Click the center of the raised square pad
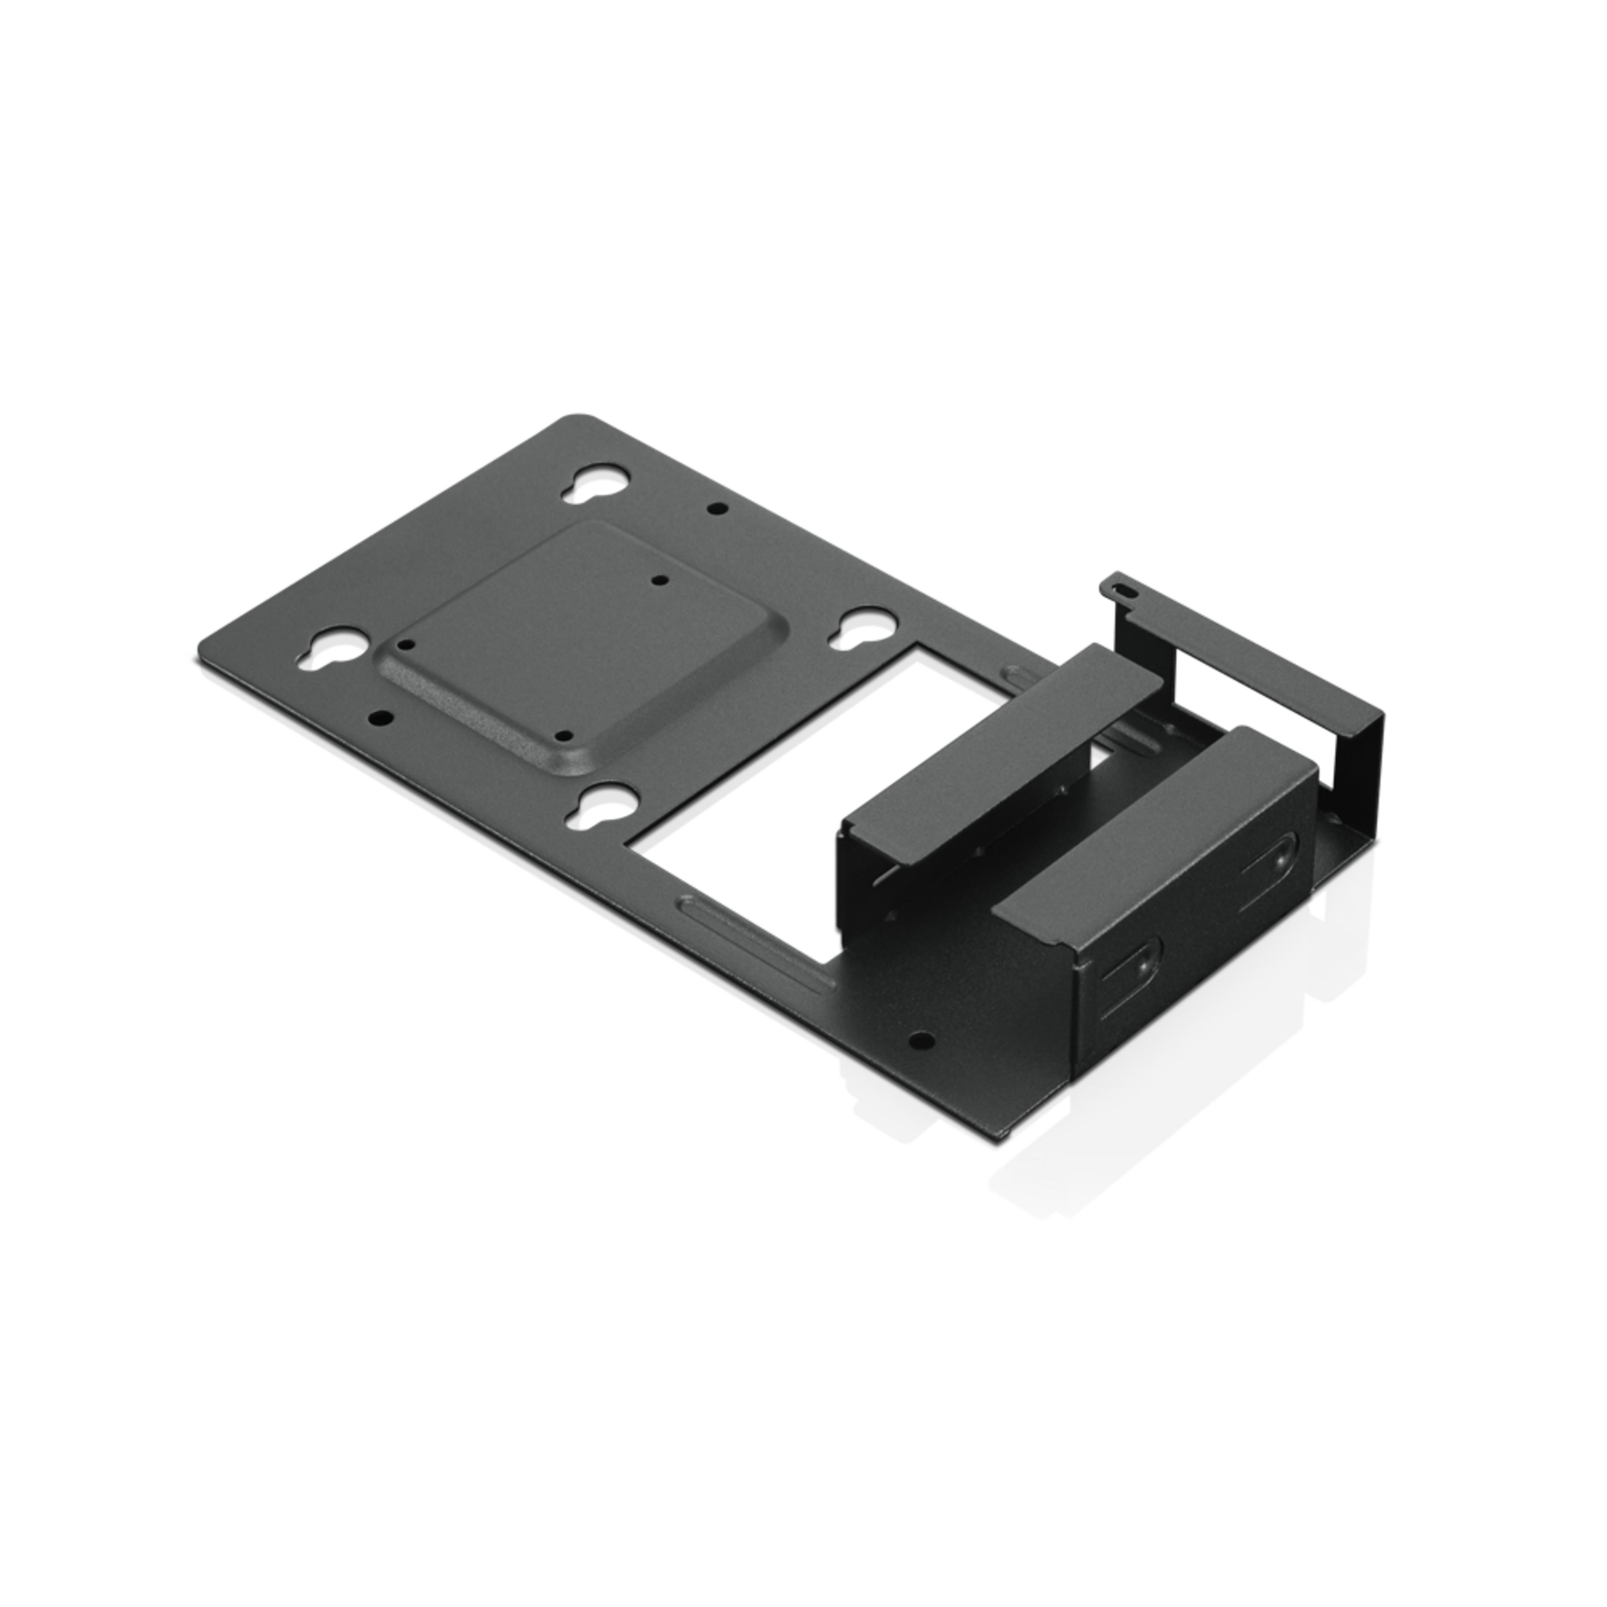[x=574, y=649]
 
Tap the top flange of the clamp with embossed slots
[x=1156, y=840]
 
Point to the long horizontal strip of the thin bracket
[x=1248, y=657]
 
